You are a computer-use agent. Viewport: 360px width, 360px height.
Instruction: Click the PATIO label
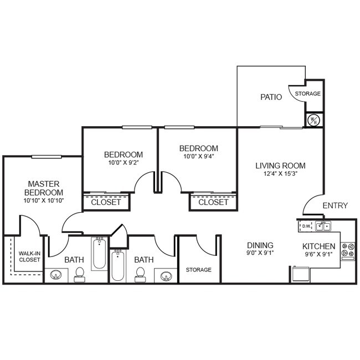[x=271, y=97]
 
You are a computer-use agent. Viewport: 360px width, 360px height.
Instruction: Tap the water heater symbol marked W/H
[x=312, y=120]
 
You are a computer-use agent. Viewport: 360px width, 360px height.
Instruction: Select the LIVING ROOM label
[x=280, y=166]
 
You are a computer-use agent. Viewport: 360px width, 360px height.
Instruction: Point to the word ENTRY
[x=335, y=205]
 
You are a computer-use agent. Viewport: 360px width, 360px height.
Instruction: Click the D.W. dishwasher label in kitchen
[x=306, y=226]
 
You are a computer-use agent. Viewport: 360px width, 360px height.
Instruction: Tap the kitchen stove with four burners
[x=348, y=250]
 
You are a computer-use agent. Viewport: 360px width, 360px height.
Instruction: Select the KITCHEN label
[x=318, y=246]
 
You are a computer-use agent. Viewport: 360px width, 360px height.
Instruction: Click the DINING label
[x=260, y=245]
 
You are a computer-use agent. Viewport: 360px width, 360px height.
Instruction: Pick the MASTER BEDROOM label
[x=44, y=188]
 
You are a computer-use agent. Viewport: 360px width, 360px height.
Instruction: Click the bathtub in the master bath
[x=99, y=253]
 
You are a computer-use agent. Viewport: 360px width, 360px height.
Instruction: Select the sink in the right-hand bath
[x=166, y=275]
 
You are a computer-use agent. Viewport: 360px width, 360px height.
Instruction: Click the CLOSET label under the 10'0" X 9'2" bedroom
[x=106, y=202]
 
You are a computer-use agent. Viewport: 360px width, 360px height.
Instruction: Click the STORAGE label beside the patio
[x=307, y=94]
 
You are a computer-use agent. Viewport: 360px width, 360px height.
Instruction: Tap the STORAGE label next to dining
[x=198, y=270]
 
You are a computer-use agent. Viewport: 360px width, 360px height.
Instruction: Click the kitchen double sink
[x=323, y=226]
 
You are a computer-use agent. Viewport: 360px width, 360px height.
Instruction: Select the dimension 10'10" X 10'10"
[x=44, y=200]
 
